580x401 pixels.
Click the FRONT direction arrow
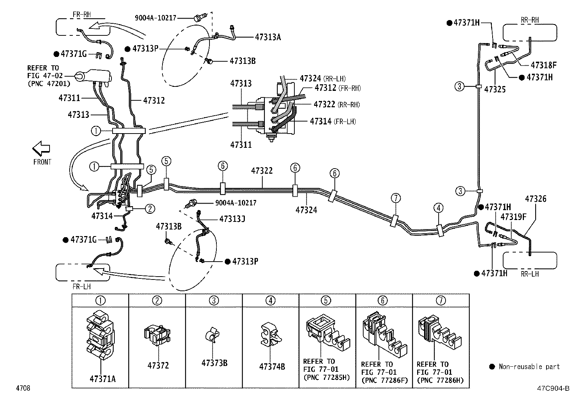[x=41, y=148]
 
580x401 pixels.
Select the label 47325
[x=495, y=89]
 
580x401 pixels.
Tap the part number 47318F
[x=544, y=65]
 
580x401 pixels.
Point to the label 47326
[x=536, y=199]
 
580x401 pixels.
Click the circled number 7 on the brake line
[x=396, y=198]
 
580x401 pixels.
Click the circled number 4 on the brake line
[x=439, y=208]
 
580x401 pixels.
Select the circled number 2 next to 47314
[x=150, y=209]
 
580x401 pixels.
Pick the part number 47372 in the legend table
[x=158, y=365]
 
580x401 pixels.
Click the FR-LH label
[x=82, y=286]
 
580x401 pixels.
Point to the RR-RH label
[x=530, y=20]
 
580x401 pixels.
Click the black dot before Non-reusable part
[x=492, y=367]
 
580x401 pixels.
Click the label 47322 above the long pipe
[x=262, y=171]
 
